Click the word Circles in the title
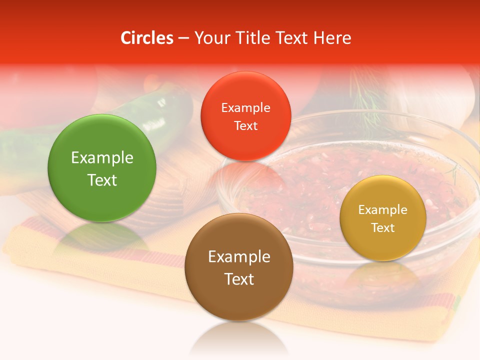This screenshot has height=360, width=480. click(x=146, y=38)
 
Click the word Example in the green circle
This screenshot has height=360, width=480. click(x=102, y=158)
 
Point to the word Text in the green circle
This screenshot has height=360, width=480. click(x=102, y=180)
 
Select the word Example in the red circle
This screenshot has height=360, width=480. click(x=245, y=108)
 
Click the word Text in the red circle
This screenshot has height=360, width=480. click(x=245, y=126)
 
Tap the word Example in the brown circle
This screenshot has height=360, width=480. click(x=239, y=257)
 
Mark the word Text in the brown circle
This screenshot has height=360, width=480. click(x=239, y=279)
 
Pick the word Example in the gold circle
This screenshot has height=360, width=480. click(x=383, y=210)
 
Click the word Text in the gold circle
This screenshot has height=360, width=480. click(x=383, y=228)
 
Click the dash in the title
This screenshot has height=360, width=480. click(x=183, y=38)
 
